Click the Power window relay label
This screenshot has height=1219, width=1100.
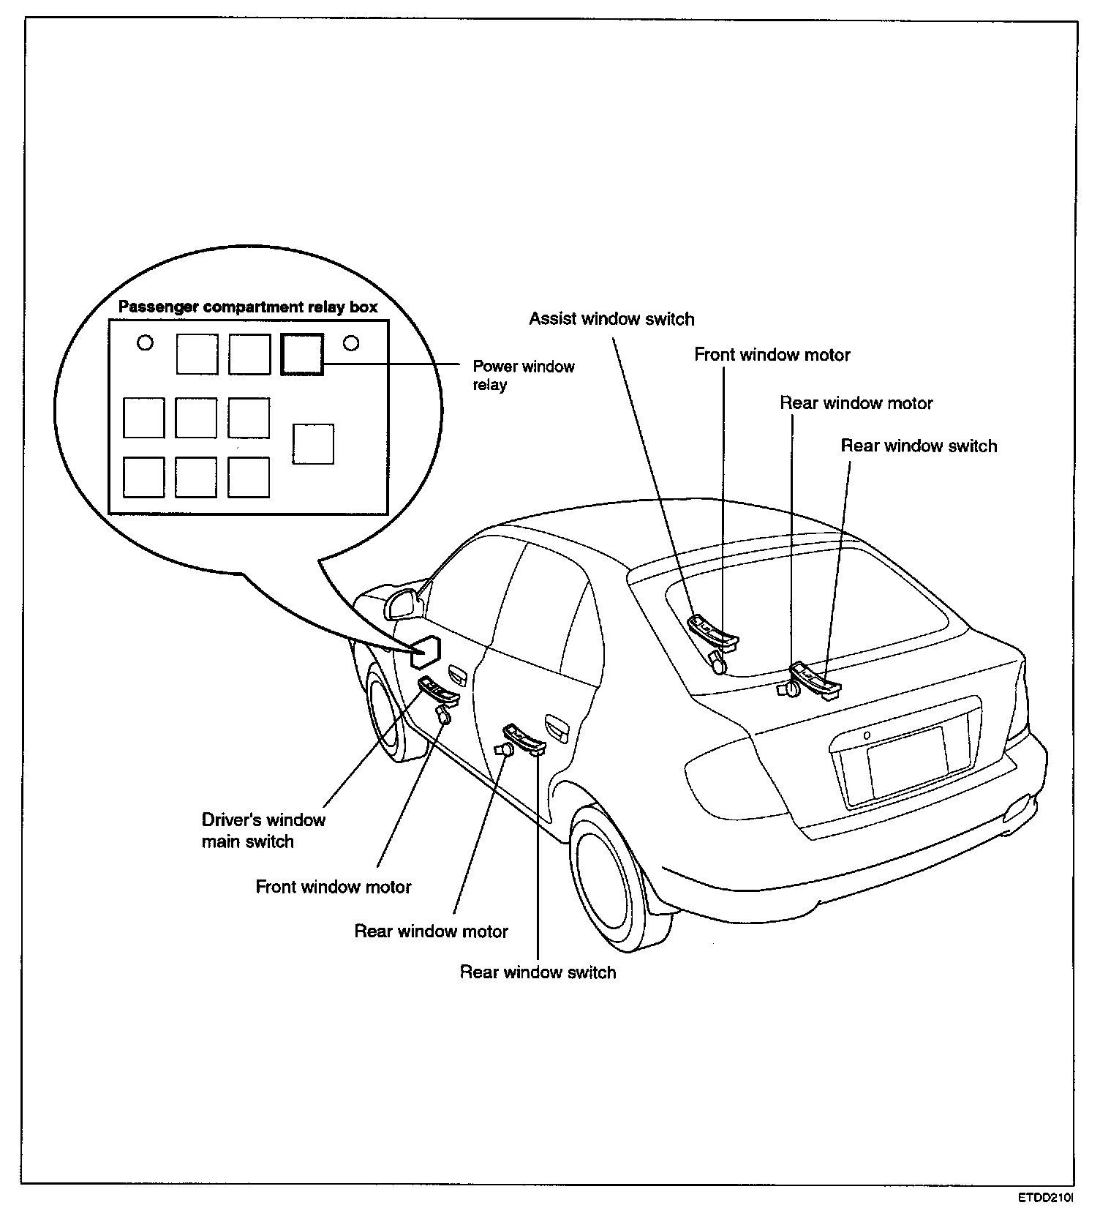point(523,375)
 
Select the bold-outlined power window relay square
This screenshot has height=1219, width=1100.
point(302,354)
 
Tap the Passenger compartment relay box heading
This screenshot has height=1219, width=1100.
point(248,307)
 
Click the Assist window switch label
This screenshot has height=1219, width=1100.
point(611,319)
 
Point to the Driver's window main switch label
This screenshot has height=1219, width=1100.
point(263,830)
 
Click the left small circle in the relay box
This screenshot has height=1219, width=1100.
point(146,342)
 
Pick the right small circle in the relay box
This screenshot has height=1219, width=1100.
point(351,342)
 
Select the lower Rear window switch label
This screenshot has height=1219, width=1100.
point(538,972)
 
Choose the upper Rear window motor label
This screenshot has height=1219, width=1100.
point(856,403)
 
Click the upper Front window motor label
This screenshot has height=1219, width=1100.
point(772,355)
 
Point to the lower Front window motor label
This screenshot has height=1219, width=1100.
point(334,887)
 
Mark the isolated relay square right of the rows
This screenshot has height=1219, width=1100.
point(313,444)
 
